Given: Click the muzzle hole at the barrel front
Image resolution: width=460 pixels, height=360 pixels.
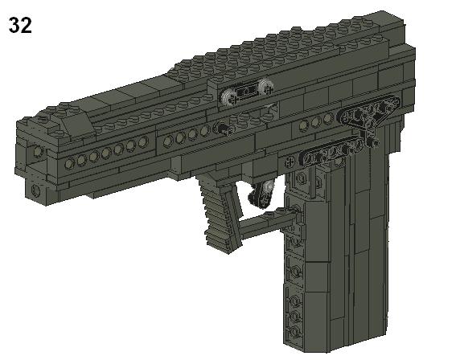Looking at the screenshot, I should (38, 151).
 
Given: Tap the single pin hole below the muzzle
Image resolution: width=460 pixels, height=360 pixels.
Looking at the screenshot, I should (36, 190).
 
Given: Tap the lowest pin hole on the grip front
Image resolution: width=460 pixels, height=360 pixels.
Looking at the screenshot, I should (296, 330).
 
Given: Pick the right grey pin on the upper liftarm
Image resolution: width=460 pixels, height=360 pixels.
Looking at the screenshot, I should (265, 87).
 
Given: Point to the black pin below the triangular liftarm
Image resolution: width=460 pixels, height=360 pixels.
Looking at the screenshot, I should (372, 144).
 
